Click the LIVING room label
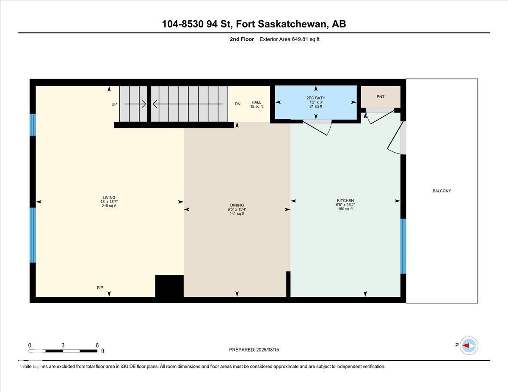tap(109, 197)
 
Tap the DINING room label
tap(237, 205)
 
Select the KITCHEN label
tap(345, 200)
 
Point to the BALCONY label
tap(442, 191)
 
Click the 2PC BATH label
tap(316, 98)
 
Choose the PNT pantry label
tap(381, 97)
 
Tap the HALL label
tap(257, 102)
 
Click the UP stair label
tap(114, 104)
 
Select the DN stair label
tap(237, 104)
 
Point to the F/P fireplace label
tap(100, 288)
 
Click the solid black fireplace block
tap(169, 286)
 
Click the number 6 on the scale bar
tap(97, 345)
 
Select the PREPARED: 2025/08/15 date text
tap(254, 350)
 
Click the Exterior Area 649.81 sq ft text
tap(290, 39)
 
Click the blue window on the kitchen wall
tap(403, 246)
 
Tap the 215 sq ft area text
tap(109, 206)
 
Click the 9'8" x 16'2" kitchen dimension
tap(345, 205)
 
